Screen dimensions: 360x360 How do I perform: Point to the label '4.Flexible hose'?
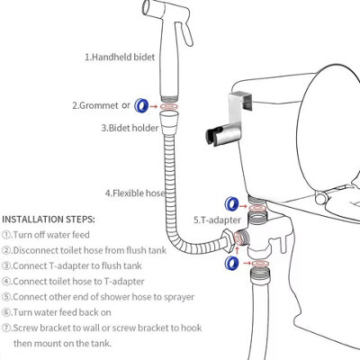tap(136, 193)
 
